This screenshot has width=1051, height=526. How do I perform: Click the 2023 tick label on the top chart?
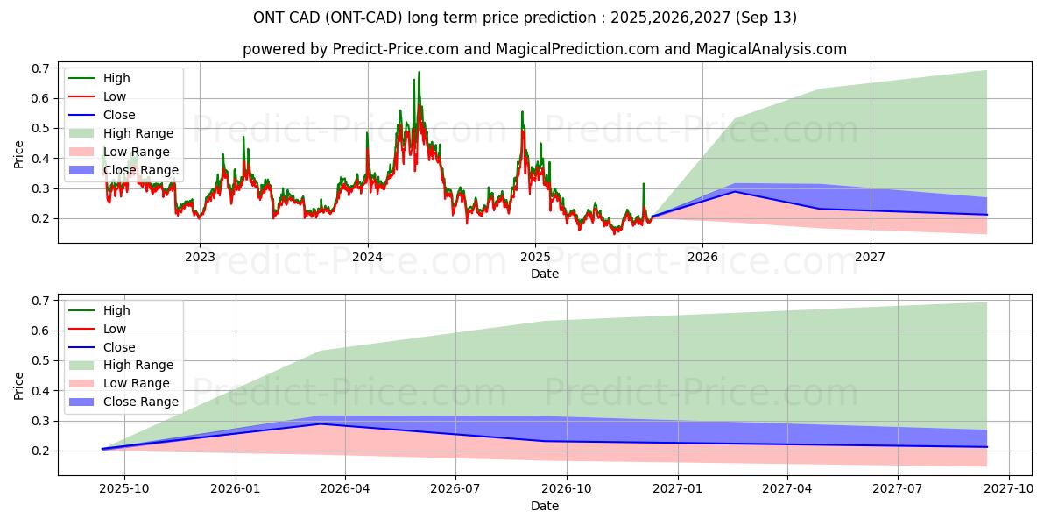click(200, 257)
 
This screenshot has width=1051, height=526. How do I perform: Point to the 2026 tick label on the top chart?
click(702, 257)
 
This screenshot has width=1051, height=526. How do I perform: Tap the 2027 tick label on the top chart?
click(870, 257)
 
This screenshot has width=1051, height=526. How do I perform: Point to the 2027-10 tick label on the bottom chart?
click(1010, 489)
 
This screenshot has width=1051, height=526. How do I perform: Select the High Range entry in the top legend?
click(138, 133)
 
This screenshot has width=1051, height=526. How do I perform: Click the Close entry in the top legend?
click(119, 115)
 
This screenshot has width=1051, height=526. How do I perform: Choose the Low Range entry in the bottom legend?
click(137, 383)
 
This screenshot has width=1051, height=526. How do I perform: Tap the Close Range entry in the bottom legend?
click(140, 402)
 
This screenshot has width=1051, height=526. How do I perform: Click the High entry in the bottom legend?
click(116, 310)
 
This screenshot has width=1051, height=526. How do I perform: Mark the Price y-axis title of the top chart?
click(19, 154)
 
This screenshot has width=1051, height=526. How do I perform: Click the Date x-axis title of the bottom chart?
click(545, 506)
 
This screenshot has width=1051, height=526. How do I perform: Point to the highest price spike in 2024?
click(419, 72)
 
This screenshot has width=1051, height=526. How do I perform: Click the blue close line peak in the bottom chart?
click(321, 424)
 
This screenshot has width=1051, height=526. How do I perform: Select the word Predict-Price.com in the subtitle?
click(396, 49)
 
